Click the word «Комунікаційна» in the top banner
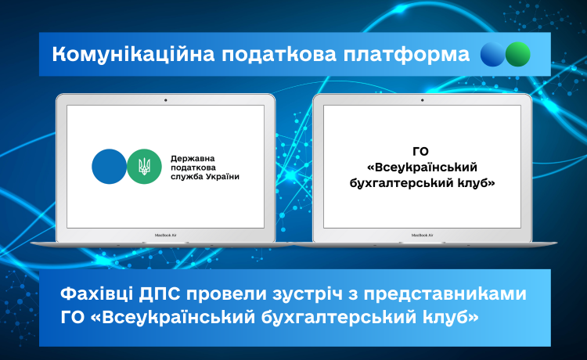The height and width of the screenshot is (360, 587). (133, 55)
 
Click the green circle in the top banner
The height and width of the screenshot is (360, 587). (518, 54)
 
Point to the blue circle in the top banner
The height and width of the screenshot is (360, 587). (492, 54)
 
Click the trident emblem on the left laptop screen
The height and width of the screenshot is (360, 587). (144, 167)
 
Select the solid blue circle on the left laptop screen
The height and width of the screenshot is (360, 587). (110, 167)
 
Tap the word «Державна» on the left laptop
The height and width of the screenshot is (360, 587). (193, 159)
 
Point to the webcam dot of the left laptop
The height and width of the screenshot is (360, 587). (165, 100)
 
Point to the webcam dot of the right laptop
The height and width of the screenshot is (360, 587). (423, 100)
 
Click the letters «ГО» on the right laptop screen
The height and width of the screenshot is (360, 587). (421, 152)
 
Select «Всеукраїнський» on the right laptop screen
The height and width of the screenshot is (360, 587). (422, 167)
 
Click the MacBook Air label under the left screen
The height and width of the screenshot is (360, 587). (165, 236)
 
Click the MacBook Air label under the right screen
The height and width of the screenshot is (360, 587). (423, 236)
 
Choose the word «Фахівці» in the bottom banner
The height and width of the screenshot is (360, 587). (96, 294)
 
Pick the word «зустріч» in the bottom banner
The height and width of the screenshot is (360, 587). (308, 294)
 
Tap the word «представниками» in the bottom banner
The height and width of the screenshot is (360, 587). (445, 294)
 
